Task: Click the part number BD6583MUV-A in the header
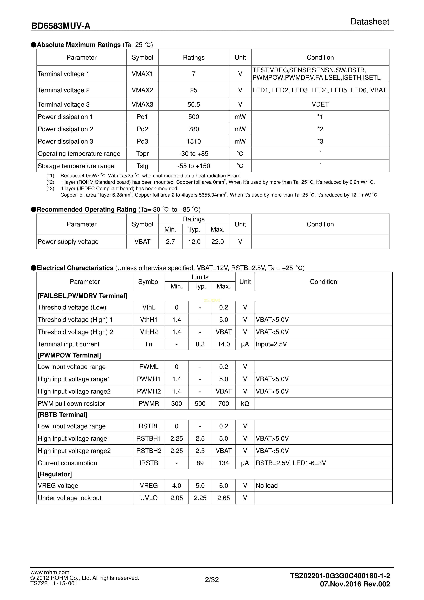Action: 61,26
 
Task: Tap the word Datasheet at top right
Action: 370,22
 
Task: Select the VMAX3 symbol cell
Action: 142,104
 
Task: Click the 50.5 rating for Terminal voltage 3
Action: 194,104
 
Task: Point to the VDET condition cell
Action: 320,104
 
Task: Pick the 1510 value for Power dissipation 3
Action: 194,141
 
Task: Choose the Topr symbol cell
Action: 142,154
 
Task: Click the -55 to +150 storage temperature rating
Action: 194,166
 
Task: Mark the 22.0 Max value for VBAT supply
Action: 217,242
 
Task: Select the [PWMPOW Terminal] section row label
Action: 69,355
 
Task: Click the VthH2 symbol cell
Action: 149,332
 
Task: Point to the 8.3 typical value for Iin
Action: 200,344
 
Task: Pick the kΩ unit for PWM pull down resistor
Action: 245,404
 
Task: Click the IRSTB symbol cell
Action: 149,463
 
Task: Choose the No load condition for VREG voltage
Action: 267,486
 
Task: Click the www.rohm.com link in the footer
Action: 50,573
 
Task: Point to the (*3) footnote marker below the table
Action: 50,188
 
